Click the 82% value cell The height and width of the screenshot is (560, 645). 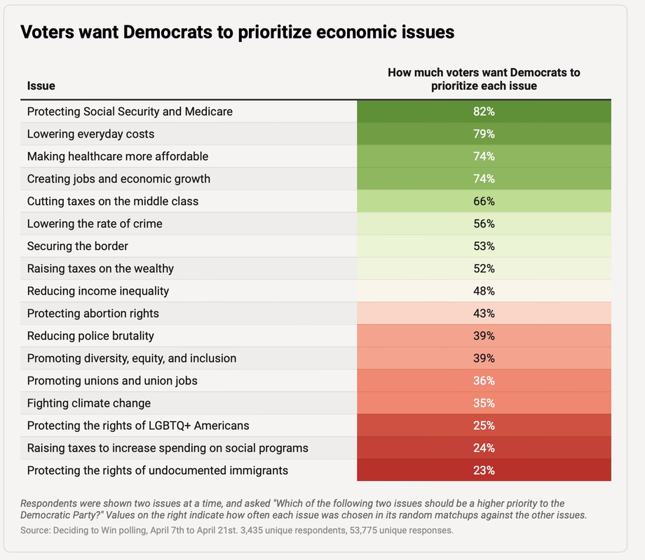(x=484, y=111)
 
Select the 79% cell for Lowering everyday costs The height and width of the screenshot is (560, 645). (x=484, y=134)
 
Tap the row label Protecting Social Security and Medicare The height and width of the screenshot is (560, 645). (x=130, y=111)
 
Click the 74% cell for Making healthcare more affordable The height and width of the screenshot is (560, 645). (x=484, y=156)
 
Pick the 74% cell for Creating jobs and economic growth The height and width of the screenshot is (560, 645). (x=484, y=178)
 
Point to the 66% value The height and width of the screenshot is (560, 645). (x=484, y=201)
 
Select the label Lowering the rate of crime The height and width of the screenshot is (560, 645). (x=95, y=224)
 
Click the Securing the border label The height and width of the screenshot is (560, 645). (x=78, y=246)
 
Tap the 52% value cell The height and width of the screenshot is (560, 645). (x=484, y=269)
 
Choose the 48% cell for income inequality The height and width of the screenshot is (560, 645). (x=484, y=291)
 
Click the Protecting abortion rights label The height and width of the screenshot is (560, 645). (x=93, y=314)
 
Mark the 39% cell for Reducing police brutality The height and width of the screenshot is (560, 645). (x=484, y=336)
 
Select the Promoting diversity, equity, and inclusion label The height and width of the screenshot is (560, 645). (x=132, y=358)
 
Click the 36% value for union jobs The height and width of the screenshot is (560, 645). (x=484, y=381)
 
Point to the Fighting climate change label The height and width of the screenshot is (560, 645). (x=89, y=403)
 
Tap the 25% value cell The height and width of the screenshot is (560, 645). (x=484, y=426)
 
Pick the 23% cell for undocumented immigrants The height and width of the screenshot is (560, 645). (x=484, y=470)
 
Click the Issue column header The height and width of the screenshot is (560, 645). (x=41, y=85)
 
